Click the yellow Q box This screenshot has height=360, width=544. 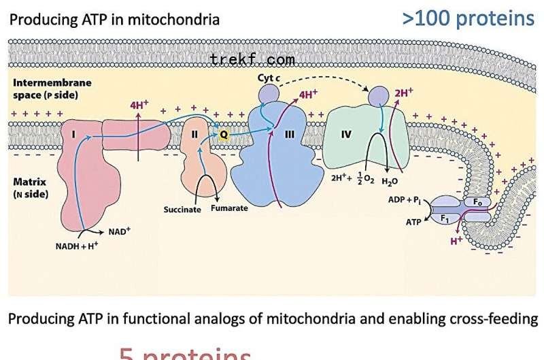pos(222,135)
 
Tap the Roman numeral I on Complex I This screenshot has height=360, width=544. pos(72,135)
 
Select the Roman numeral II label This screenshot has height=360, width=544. pos(194,135)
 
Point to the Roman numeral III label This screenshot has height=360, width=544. pos(289,135)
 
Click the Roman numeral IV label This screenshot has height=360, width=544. pos(346,134)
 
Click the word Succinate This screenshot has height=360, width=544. pos(182,210)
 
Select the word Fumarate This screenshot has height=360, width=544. pos(229,210)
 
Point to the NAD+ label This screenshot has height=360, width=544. pos(118,231)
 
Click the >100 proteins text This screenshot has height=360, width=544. pos(469,18)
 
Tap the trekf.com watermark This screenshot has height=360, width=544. pos(252,59)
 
